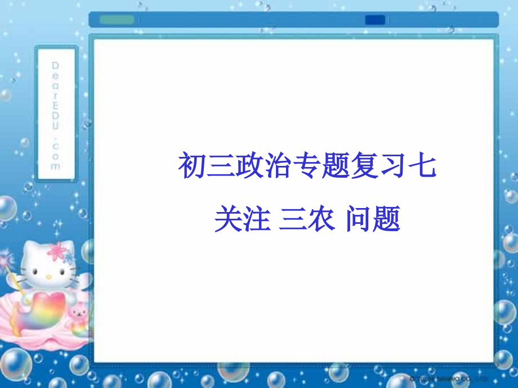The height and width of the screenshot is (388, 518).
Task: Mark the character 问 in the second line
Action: pyautogui.click(x=358, y=219)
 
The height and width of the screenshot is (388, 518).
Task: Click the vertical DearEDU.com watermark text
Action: pyautogui.click(x=56, y=115)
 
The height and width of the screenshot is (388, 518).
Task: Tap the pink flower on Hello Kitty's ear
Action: pyautogui.click(x=57, y=251)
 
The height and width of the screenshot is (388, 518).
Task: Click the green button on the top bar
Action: pyautogui.click(x=117, y=20)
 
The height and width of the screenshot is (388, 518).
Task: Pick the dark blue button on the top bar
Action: pyautogui.click(x=375, y=20)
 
